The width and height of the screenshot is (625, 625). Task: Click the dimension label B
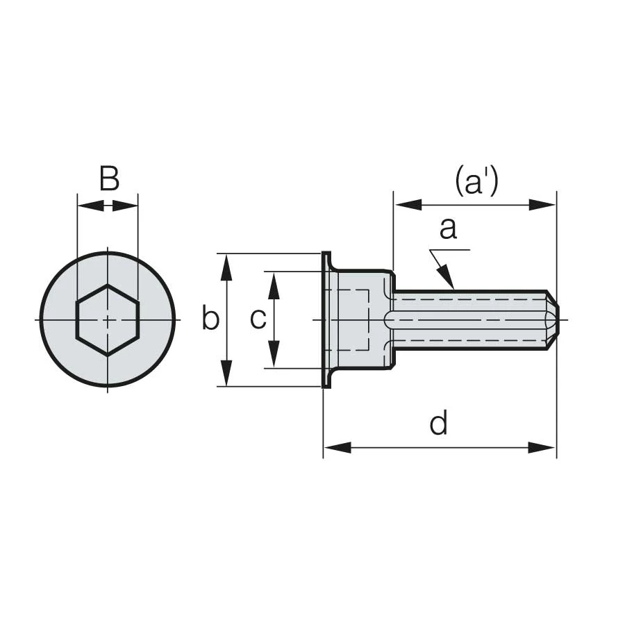(109, 179)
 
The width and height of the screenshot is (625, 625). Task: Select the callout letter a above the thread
(449, 228)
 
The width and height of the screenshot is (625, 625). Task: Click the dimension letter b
(210, 319)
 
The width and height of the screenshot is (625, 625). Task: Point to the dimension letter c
(258, 319)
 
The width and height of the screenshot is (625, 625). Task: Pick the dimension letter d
(438, 423)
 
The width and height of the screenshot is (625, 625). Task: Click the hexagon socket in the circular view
(108, 319)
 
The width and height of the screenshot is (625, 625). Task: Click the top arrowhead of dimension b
(226, 265)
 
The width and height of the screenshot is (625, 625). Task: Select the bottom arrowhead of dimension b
(226, 375)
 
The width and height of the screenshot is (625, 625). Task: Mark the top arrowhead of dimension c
(274, 283)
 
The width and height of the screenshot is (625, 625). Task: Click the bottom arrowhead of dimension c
(274, 356)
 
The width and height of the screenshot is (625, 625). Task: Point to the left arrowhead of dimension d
(337, 447)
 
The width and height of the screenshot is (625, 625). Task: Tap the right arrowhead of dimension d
(543, 447)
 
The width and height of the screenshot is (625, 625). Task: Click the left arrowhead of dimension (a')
(408, 205)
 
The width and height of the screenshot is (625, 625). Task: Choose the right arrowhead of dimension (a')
(542, 205)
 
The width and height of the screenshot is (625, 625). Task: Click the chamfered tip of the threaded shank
(551, 319)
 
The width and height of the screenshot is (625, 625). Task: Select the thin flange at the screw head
(326, 319)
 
